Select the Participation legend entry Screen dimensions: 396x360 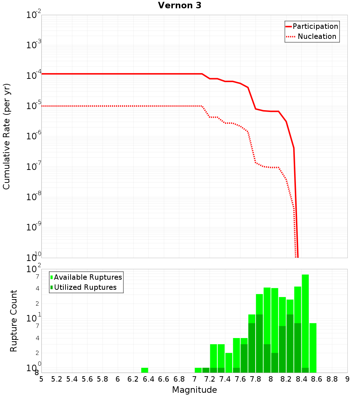point(315,26)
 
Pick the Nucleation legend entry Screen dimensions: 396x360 point(317,36)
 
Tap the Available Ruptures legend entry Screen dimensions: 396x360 point(88,277)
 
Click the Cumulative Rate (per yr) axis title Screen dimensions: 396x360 point(6,136)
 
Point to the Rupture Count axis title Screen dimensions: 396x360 point(14,320)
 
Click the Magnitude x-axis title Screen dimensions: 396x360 point(194,390)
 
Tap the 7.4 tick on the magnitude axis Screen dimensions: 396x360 point(225,379)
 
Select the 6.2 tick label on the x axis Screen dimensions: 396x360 point(133,379)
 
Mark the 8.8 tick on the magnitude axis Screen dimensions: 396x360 point(332,379)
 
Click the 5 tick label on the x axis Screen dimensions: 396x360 point(41,379)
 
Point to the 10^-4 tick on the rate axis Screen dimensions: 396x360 point(34,75)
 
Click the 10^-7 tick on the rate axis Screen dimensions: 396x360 point(34,166)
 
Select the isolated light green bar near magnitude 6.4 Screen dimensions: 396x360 point(144,370)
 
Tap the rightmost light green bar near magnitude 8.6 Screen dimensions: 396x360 point(313,348)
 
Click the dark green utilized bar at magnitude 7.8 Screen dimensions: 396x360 point(259,343)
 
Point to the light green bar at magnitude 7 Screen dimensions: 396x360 point(198,370)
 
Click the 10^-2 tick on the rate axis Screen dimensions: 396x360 point(34,15)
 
